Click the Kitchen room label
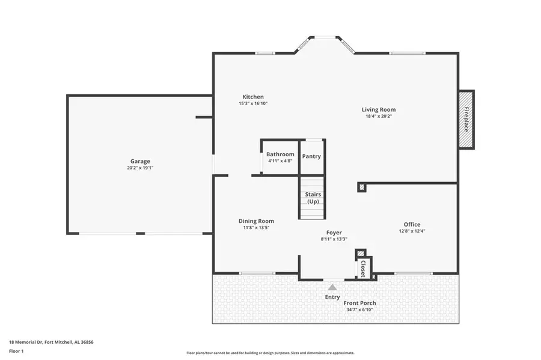[252, 97]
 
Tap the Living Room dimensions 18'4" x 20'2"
[378, 117]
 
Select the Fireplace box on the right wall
[466, 120]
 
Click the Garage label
[140, 161]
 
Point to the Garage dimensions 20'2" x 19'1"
[140, 168]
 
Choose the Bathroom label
[280, 154]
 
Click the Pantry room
[311, 156]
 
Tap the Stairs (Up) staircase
[313, 198]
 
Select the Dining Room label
[256, 221]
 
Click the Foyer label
[334, 232]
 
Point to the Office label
[412, 224]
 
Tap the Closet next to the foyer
[363, 268]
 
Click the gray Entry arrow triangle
[332, 287]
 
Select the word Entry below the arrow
[332, 297]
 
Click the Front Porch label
[359, 303]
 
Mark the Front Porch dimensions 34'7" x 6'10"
[359, 310]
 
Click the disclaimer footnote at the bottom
[270, 353]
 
